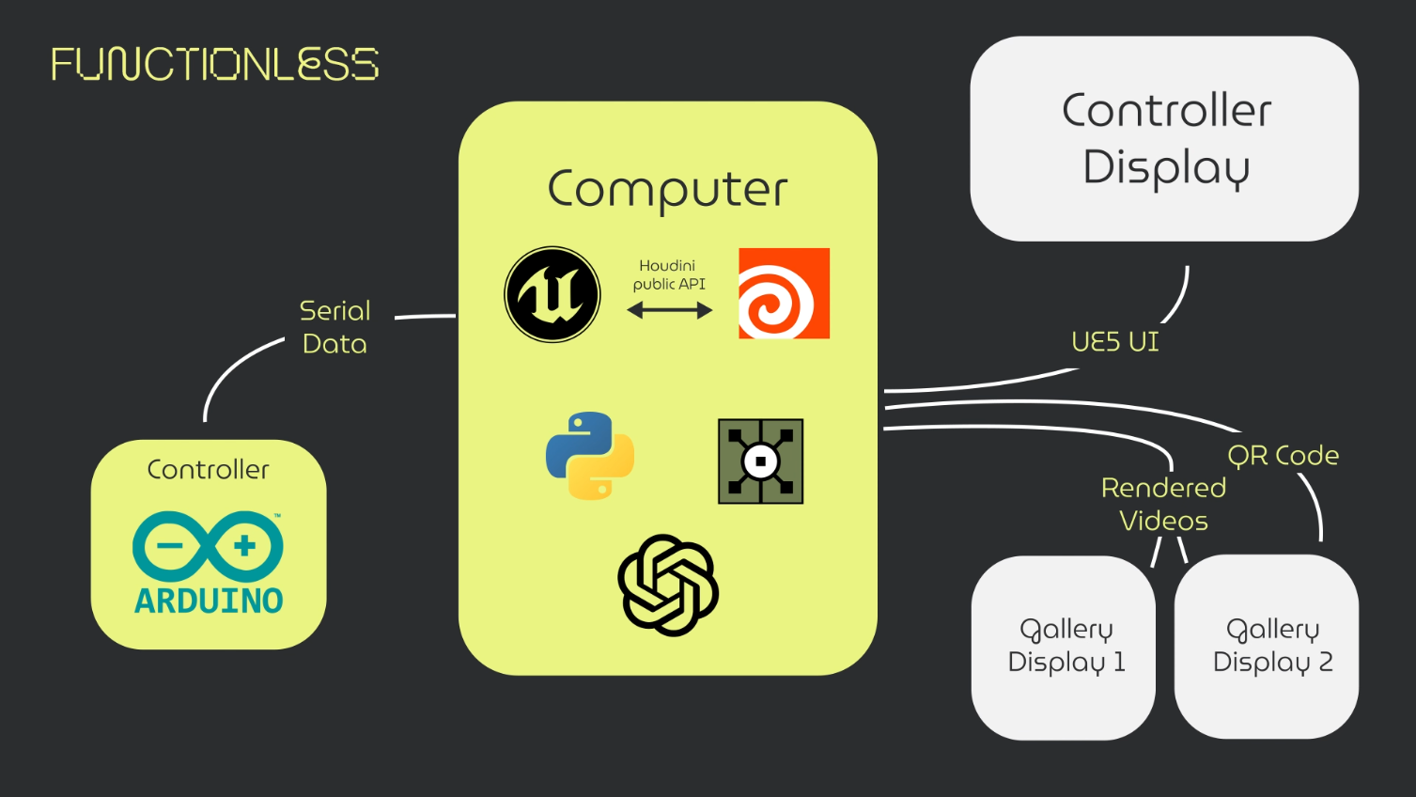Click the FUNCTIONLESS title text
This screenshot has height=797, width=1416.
point(214,64)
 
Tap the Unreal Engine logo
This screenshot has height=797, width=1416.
point(552,294)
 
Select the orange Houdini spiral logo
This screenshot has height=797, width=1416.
point(784,293)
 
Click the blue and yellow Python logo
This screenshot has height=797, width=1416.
point(590,456)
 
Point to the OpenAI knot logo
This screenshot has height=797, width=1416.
point(668,586)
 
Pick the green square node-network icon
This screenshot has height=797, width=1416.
point(760,461)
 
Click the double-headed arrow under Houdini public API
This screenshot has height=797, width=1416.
point(670,310)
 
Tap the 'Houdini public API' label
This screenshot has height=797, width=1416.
point(668,274)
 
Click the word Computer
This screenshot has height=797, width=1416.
point(667,190)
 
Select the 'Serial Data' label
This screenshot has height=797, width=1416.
point(335,327)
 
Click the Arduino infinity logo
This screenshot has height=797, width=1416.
point(208,546)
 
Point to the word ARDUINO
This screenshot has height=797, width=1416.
point(209,601)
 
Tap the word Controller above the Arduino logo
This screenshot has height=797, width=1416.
point(209,469)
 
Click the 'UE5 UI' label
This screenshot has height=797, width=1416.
point(1115,341)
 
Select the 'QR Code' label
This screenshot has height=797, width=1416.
point(1283,456)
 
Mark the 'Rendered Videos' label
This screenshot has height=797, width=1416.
point(1163,504)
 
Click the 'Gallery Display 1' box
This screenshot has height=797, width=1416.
point(1065,647)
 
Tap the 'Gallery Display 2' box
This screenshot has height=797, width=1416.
point(1271,647)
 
